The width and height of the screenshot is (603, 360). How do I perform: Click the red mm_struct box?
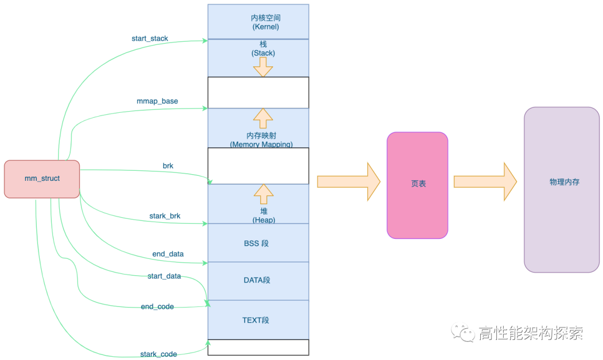coord(42,179)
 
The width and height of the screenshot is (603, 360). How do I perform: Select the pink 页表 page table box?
coord(418,185)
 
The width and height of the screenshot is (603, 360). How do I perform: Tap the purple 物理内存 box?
coord(561,190)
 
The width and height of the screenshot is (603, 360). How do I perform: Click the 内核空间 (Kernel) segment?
coord(258,22)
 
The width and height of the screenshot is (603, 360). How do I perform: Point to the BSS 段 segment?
coord(258,243)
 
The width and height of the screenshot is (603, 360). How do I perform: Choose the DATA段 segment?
coord(258,280)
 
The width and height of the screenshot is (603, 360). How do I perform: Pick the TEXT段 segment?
coord(258,320)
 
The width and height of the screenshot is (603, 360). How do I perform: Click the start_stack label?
coord(150,39)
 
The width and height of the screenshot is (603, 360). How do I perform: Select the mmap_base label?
coord(157,101)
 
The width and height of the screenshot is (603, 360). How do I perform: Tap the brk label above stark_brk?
coord(168,166)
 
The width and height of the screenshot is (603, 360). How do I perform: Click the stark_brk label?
coord(165,215)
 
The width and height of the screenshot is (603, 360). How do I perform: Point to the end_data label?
coord(168,254)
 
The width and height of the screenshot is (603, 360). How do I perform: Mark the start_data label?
coord(164,276)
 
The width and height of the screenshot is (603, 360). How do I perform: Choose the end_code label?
coord(157,306)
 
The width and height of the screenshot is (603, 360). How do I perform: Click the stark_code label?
coord(159,354)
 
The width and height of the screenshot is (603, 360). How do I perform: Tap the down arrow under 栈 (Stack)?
coord(263,67)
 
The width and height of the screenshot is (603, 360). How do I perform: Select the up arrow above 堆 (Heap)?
coord(263,194)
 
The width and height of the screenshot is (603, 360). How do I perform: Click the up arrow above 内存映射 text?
coord(263,118)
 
